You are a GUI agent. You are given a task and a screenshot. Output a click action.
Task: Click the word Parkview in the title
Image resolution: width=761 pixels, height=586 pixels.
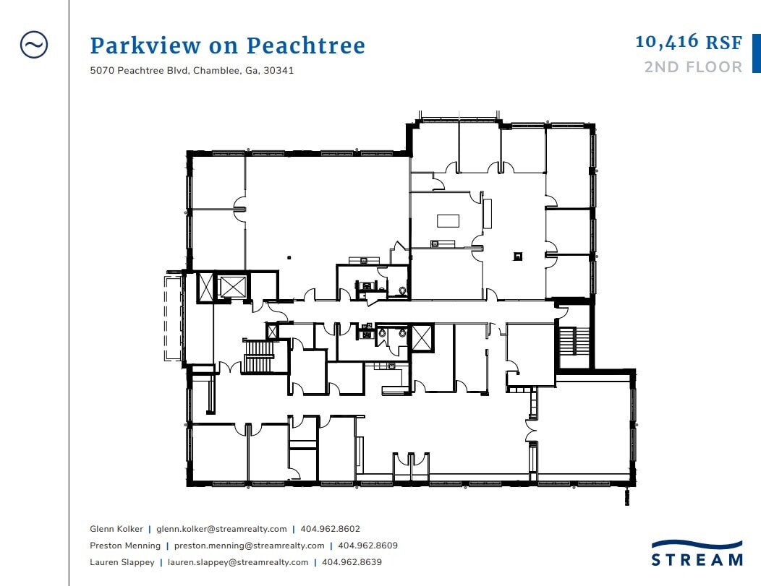pos(145,46)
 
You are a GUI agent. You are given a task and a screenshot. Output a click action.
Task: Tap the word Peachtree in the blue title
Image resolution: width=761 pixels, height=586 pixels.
pos(306,46)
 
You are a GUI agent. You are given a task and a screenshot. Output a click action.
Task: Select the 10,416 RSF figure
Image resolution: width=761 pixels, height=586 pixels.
pos(689,42)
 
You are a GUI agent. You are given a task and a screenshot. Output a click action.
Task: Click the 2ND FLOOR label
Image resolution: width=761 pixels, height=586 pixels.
pos(693,67)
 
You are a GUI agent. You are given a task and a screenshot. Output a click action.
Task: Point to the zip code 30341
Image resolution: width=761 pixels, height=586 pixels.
pos(279,70)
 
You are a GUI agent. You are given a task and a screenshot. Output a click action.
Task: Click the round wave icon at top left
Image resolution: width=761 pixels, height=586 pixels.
pos(34,45)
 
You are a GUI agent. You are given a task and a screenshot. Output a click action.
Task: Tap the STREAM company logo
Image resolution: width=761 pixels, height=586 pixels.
pos(697,553)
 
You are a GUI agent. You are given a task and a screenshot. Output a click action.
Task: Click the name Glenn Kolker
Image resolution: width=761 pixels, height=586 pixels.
pos(116,529)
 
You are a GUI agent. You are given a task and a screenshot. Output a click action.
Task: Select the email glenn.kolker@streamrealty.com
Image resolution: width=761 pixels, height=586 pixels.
pos(221,530)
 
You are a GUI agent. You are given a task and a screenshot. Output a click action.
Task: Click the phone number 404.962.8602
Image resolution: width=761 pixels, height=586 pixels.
pos(330,529)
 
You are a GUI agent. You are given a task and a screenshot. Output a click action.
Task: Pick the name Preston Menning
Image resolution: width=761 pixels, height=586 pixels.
pos(125,546)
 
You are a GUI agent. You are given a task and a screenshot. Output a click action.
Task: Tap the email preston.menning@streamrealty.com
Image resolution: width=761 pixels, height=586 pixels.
pos(249,546)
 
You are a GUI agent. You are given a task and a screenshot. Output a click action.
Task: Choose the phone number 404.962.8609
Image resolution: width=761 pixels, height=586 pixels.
pos(368,546)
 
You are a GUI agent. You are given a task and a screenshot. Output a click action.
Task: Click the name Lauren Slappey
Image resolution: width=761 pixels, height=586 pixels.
pos(122,562)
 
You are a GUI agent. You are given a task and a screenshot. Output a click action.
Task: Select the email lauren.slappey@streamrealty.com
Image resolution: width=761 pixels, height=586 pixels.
pos(238,562)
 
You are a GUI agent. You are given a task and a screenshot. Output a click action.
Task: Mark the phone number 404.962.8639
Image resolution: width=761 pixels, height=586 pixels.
pos(352,562)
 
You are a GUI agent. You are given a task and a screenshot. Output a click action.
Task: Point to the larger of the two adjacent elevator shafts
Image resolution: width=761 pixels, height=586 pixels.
pos(231,286)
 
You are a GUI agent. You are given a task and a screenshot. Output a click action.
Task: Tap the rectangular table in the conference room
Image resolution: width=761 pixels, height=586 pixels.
pos(448,221)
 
